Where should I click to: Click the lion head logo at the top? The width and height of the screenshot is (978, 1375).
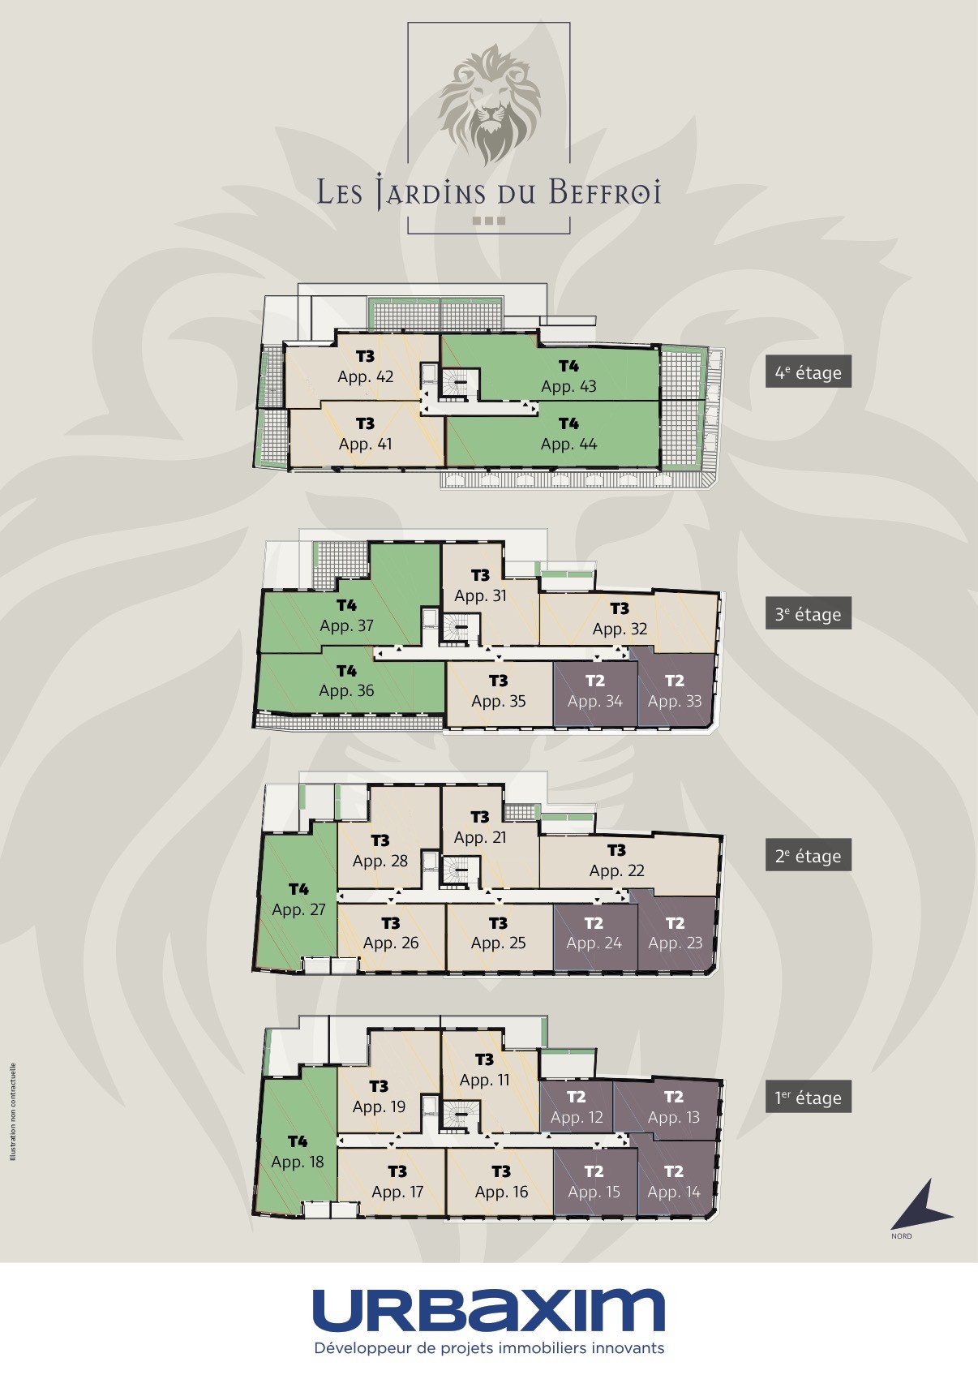pos(489,103)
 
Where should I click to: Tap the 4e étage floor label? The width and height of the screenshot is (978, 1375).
pos(808,372)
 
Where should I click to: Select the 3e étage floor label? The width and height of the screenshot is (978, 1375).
pos(808,613)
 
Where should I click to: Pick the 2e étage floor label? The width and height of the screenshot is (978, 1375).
pos(808,855)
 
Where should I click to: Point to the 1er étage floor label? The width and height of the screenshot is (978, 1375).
pos(808,1097)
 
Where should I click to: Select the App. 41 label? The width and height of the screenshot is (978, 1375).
pos(366,444)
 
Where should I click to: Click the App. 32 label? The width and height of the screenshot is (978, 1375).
pos(620,629)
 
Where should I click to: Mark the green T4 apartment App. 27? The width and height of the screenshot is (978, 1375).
pos(298,900)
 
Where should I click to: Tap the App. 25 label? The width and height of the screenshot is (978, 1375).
pos(498,943)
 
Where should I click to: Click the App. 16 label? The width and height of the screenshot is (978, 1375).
pos(501,1192)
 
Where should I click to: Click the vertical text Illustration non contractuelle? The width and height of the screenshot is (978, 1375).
pos(13,1111)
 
